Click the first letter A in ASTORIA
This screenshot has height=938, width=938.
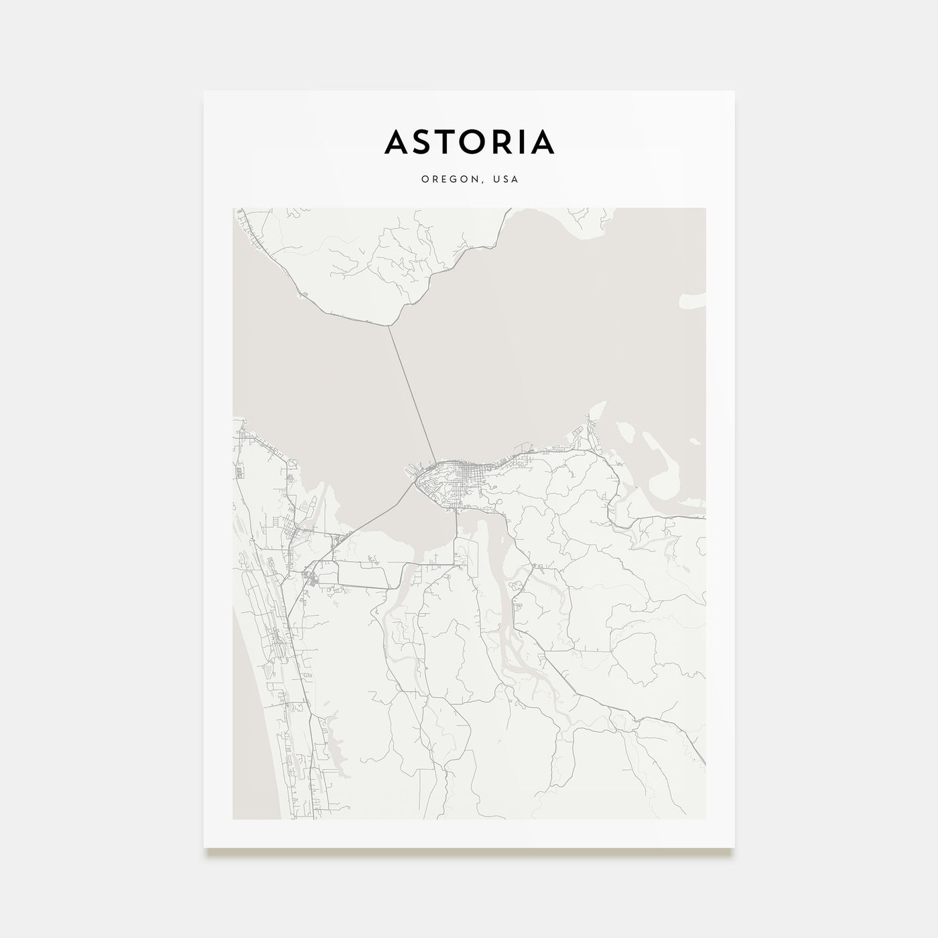[x=397, y=141]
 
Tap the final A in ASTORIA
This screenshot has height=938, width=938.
[x=543, y=141]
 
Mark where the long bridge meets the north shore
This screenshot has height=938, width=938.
[x=389, y=326]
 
